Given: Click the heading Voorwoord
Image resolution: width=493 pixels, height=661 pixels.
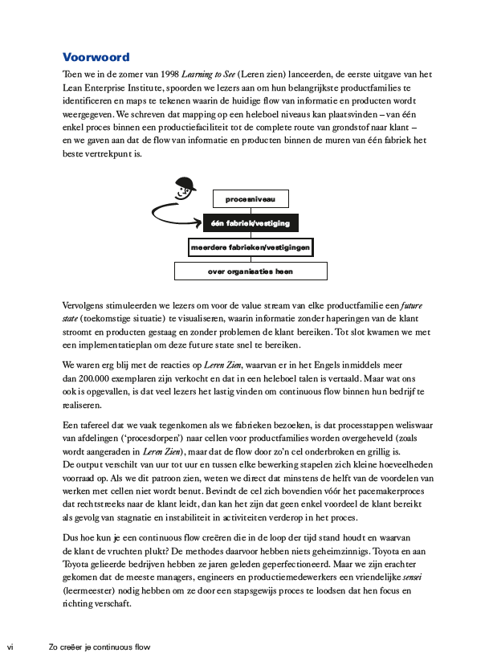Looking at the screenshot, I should coord(96,58).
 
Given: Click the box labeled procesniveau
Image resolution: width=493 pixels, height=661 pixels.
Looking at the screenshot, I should coord(250,198).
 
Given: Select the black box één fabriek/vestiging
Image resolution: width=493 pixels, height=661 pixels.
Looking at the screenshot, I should coord(250,222).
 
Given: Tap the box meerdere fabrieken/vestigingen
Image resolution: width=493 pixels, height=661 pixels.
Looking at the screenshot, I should coord(250,247).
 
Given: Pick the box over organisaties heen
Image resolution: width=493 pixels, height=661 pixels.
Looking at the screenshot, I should coord(250,271).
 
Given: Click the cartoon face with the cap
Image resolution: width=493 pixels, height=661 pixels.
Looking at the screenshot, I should coord(186,190).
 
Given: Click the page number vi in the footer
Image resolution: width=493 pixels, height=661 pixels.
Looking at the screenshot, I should coord(10,647).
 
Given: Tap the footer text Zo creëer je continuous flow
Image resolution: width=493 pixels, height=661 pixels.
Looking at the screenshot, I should coord(99,647).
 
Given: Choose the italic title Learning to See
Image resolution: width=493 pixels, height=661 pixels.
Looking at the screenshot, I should coord(208,74).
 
